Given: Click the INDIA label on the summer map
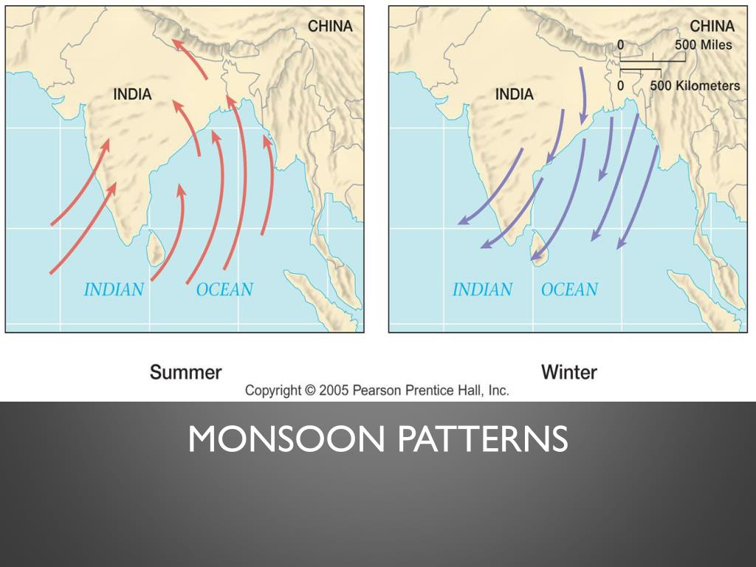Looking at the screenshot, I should [132, 94].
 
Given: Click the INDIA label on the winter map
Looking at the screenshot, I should [514, 94].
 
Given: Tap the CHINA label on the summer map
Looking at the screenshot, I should [330, 27].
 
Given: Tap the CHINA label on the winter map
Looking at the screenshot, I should [712, 27].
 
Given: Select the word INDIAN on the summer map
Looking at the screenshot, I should [114, 289].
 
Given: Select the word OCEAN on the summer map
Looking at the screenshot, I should [224, 289].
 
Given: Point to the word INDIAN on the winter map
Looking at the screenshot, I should [482, 289].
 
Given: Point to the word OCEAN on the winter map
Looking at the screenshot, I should [569, 289].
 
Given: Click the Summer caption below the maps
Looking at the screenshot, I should [185, 371].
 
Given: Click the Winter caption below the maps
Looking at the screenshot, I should [569, 371].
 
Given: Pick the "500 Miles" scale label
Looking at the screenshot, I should [703, 45].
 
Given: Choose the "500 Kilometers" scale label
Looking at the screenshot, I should [695, 86].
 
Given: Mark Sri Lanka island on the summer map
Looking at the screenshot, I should [155, 249].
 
